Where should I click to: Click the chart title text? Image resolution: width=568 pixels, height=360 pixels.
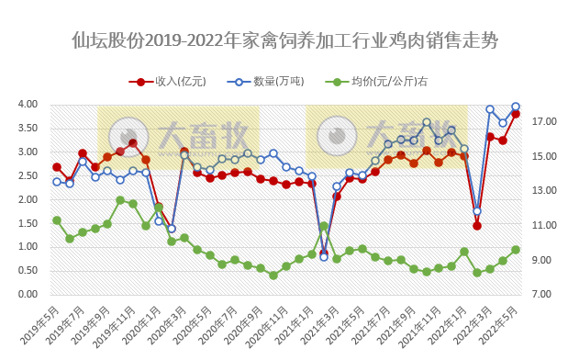(284, 41)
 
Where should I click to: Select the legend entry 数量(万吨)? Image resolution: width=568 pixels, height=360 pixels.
(275, 81)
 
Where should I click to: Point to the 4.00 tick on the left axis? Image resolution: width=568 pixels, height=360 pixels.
(26, 105)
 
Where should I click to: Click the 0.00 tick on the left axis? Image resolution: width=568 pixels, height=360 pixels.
(26, 295)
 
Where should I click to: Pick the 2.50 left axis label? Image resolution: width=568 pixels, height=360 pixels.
(26, 176)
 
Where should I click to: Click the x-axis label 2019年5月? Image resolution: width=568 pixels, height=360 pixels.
(42, 322)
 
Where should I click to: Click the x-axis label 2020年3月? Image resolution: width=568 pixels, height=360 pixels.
(170, 322)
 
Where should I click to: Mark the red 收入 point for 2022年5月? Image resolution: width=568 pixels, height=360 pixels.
(516, 114)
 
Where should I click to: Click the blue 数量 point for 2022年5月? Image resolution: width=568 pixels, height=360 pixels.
(516, 107)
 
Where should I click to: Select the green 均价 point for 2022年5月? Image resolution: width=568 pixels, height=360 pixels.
(516, 250)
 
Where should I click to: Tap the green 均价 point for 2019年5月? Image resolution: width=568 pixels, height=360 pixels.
(57, 220)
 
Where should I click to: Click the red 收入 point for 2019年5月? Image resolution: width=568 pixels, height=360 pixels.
(57, 167)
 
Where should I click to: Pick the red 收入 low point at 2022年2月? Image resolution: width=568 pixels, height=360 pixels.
(477, 225)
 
